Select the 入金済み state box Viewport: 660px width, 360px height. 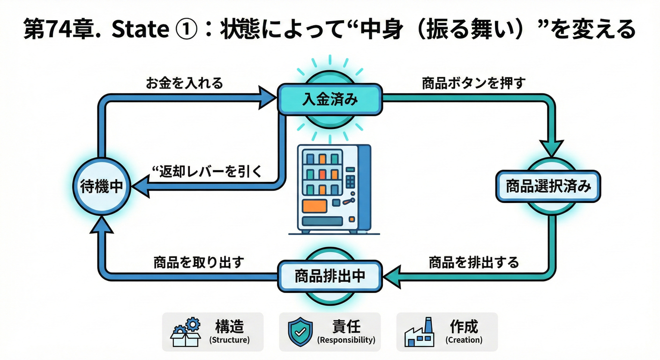(330, 99)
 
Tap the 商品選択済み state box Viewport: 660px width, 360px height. (548, 187)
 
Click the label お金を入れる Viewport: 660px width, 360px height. (184, 84)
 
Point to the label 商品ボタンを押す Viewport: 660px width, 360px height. (473, 84)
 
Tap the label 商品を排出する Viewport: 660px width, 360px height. (474, 262)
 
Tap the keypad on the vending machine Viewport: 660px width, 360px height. (350, 181)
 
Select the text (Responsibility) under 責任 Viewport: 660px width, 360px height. (346, 340)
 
